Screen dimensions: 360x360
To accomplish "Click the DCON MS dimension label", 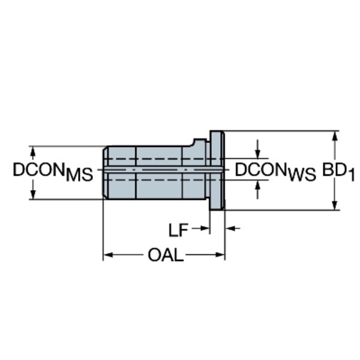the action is pyautogui.click(x=53, y=172).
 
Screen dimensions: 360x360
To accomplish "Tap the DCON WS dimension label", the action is pyautogui.click(x=275, y=172).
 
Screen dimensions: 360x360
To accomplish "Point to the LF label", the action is pyautogui.click(x=178, y=230).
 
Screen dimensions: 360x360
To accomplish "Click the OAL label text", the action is pyautogui.click(x=166, y=255).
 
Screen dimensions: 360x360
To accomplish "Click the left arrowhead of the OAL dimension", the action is pyautogui.click(x=108, y=255).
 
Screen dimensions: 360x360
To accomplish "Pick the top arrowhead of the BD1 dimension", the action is pyautogui.click(x=335, y=136).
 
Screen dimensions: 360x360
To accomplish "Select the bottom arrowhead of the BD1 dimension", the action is pyautogui.click(x=335, y=205).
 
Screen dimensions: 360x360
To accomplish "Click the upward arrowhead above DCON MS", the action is pyautogui.click(x=33, y=152).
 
